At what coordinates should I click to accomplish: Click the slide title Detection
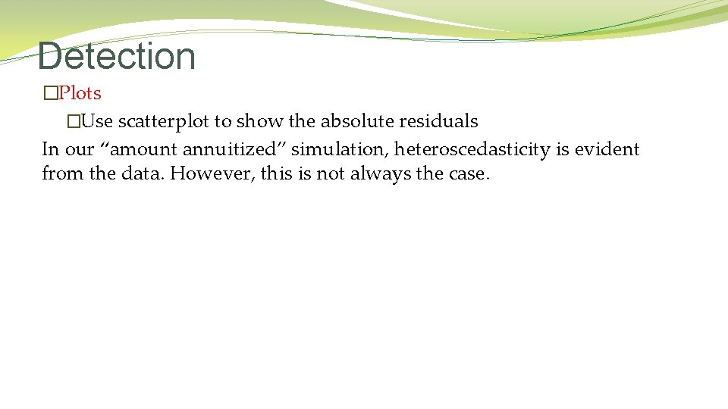116,56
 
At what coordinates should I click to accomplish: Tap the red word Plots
80,93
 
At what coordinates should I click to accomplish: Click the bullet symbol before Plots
50,94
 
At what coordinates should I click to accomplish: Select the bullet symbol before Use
73,121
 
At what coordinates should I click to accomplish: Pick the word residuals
444,121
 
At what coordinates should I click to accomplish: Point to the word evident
607,149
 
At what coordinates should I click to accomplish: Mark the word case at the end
470,173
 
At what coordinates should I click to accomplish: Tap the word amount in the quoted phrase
144,149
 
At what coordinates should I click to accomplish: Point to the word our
79,149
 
